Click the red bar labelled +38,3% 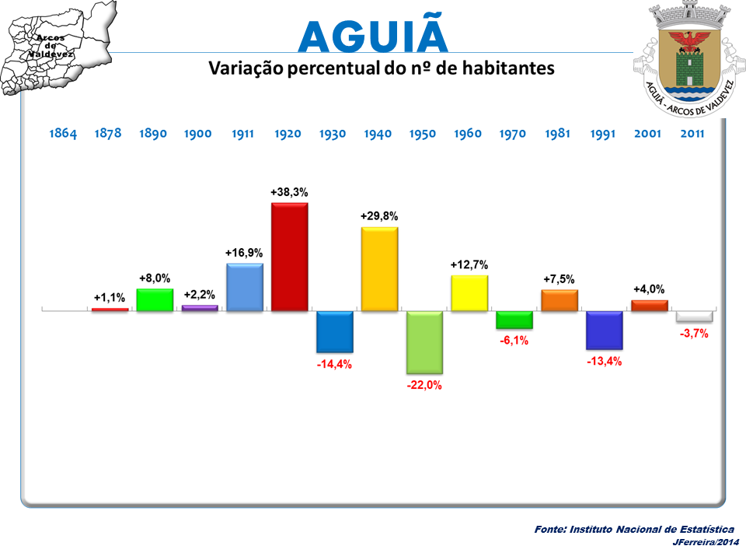click(x=289, y=257)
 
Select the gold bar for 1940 click(x=379, y=269)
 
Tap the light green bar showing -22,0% click(x=424, y=342)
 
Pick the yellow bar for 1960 click(x=469, y=293)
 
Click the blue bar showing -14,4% click(x=334, y=331)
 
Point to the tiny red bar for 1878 click(x=110, y=310)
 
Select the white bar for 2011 click(x=694, y=317)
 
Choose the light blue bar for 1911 click(x=244, y=288)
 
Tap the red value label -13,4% click(x=605, y=361)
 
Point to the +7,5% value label click(x=559, y=279)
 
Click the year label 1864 click(x=63, y=134)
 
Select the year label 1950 click(x=424, y=134)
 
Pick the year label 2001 click(x=647, y=134)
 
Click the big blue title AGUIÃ click(x=373, y=36)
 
